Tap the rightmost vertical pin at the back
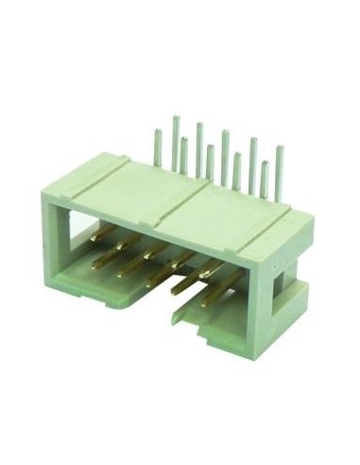point(279,170)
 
